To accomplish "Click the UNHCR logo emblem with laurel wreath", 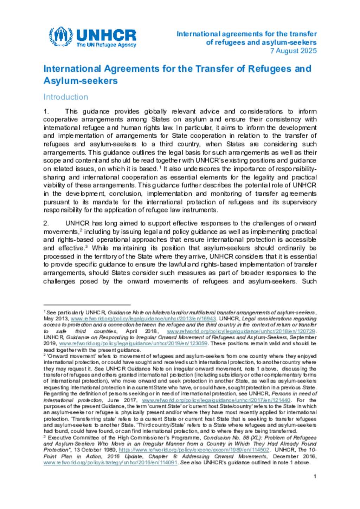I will [61, 37].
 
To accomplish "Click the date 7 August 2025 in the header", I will [293, 51].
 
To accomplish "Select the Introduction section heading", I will [66, 97].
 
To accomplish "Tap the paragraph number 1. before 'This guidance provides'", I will [46, 111].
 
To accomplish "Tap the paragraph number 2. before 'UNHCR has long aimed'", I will [46, 223].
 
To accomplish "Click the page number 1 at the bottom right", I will [315, 476].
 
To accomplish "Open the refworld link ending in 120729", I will [241, 331].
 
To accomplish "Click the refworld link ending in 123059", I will [133, 344].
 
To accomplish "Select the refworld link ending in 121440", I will [216, 400].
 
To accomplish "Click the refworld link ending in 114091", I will [110, 463].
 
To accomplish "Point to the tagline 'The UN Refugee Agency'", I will [106, 45].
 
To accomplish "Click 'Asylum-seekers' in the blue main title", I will [81, 81].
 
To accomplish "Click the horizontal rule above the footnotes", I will [87, 305].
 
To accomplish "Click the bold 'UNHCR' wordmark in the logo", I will [106, 35].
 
